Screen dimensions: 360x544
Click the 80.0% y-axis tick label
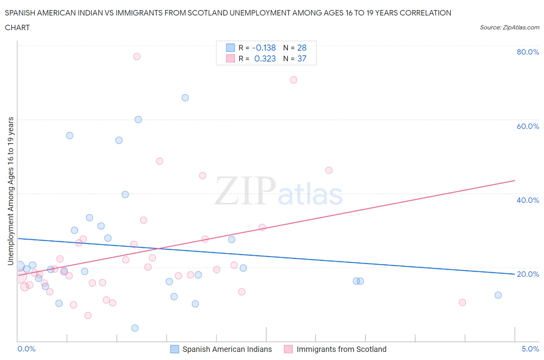pyautogui.click(x=528, y=52)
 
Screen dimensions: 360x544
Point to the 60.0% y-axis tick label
pyautogui.click(x=528, y=126)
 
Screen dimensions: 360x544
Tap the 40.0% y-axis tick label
pyautogui.click(x=528, y=200)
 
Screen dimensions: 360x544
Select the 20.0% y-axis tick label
pyautogui.click(x=528, y=274)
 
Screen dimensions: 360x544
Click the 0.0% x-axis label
pyautogui.click(x=26, y=349)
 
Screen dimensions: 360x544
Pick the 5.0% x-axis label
pyautogui.click(x=530, y=349)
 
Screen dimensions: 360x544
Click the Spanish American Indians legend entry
pyautogui.click(x=221, y=349)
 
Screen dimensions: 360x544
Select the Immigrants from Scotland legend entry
pyautogui.click(x=335, y=349)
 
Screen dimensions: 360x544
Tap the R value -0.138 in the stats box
pyautogui.click(x=264, y=48)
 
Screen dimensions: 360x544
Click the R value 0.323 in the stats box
pyautogui.click(x=265, y=58)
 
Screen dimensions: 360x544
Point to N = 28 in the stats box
pyautogui.click(x=295, y=48)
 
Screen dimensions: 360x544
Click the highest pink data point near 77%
pyautogui.click(x=137, y=57)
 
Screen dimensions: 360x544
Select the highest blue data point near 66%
pyautogui.click(x=185, y=98)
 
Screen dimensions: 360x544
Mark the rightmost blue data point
pyautogui.click(x=498, y=295)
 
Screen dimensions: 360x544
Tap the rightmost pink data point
pyautogui.click(x=462, y=302)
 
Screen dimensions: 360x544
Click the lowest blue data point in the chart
pyautogui.click(x=135, y=328)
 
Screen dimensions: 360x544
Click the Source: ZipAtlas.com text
pyautogui.click(x=509, y=27)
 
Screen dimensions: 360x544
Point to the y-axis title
pyautogui.click(x=10, y=191)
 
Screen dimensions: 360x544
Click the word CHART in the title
pyautogui.click(x=17, y=27)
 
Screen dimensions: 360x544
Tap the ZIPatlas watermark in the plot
pyautogui.click(x=279, y=191)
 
